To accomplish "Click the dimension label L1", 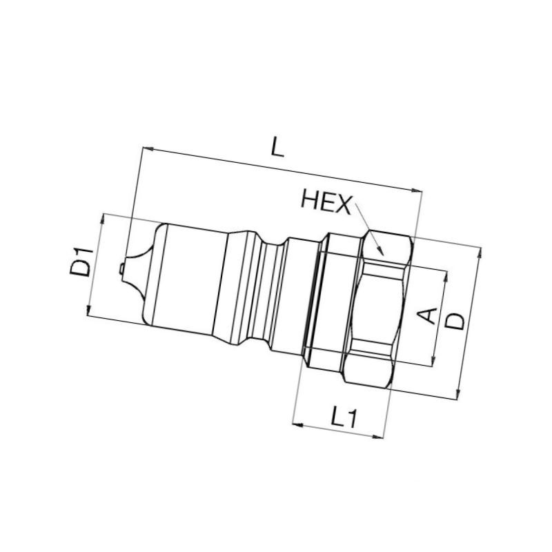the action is (x=344, y=417).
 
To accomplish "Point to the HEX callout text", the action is (x=326, y=205).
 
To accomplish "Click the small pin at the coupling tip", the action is (x=121, y=268).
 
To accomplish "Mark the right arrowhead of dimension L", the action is (x=417, y=190).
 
